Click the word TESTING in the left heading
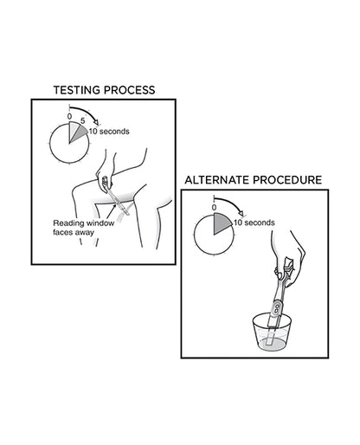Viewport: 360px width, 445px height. pyautogui.click(x=80, y=89)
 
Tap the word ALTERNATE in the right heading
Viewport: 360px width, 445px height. pyautogui.click(x=220, y=180)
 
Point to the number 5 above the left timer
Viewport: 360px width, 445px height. pyautogui.click(x=83, y=120)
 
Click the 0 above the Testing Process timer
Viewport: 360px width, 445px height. pyautogui.click(x=70, y=115)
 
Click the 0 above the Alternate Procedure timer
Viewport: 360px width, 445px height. pyautogui.click(x=213, y=208)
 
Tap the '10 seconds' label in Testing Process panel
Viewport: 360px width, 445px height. pyautogui.click(x=109, y=132)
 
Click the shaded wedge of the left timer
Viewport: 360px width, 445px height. pyautogui.click(x=78, y=131)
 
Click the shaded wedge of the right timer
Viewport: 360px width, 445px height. pyautogui.click(x=222, y=224)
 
